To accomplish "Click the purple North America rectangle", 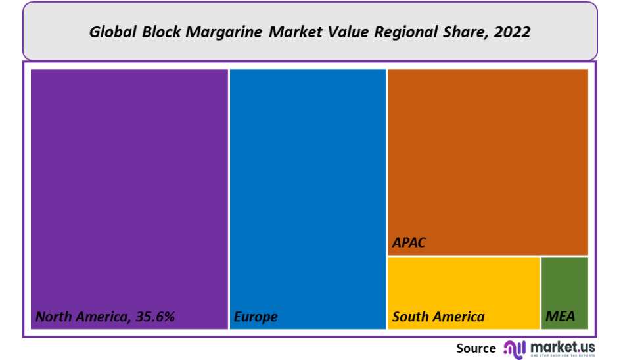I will [x=129, y=184].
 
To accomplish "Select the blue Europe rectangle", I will [x=308, y=184].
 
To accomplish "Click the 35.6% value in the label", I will [x=155, y=317].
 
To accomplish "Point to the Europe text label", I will [x=256, y=317].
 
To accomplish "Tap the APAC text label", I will [x=409, y=242].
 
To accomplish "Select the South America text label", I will [x=438, y=317].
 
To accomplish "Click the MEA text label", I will [x=560, y=317].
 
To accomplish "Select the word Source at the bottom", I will [x=476, y=348].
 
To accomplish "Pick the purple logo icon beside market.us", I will [x=515, y=348].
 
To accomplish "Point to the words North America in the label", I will [x=81, y=317].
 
